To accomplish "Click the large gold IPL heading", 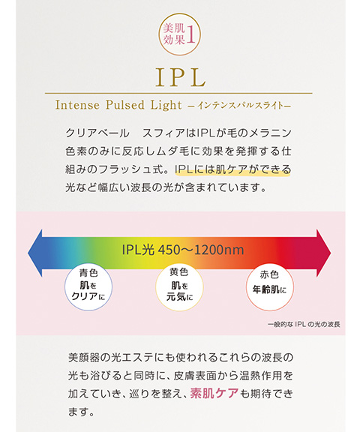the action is tap(181, 77).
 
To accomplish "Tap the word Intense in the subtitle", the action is tap(77, 105).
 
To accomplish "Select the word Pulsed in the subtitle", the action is tap(125, 105).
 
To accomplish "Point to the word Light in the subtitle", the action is tap(166, 106).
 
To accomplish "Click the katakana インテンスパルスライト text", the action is tap(239, 106).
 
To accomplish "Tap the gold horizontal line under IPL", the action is tap(178, 94).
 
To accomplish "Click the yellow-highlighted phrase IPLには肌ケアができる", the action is tap(232, 169).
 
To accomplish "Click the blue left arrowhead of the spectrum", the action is tap(35, 253).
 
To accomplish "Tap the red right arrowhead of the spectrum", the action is tap(324, 253).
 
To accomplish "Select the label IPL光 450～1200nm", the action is tap(183, 250).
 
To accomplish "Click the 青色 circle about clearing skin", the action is tap(88, 286).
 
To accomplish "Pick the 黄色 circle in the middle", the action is tap(179, 286).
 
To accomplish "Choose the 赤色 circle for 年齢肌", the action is tap(270, 286).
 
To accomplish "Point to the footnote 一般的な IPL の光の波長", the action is tap(304, 324).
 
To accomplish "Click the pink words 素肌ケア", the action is tap(214, 393).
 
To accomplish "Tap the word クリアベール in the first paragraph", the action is tap(97, 133).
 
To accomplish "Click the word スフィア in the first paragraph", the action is tap(163, 133).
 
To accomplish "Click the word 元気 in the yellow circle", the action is tap(176, 297).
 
